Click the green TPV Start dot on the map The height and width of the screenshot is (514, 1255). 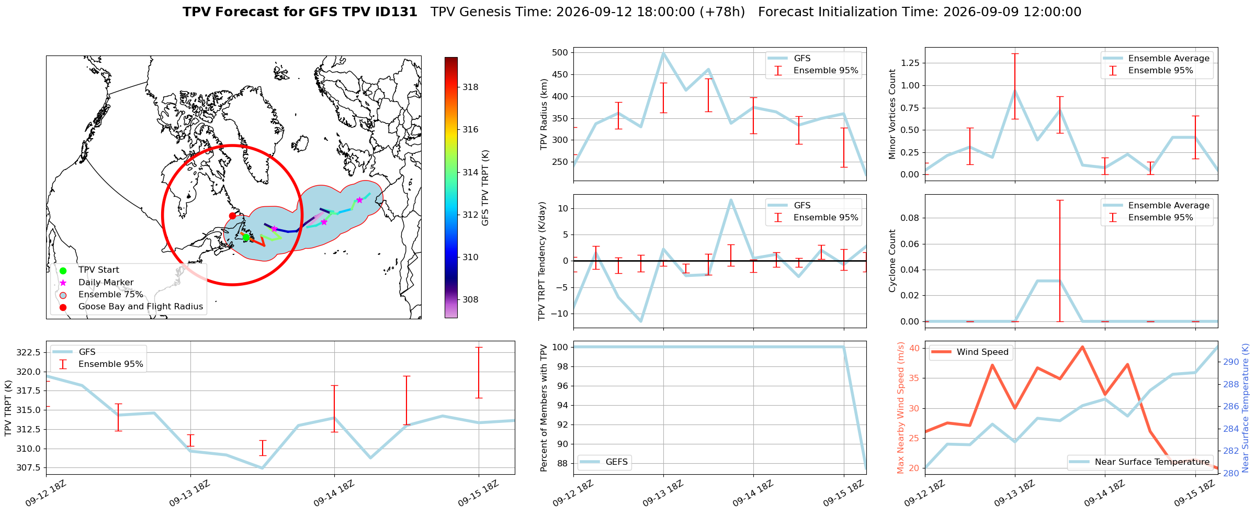[x=246, y=237]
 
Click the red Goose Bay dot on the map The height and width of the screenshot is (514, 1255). [x=232, y=216]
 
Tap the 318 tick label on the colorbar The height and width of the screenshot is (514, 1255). [x=470, y=87]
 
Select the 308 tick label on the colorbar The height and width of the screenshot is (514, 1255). [x=470, y=299]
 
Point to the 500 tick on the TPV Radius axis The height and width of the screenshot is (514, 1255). [x=560, y=52]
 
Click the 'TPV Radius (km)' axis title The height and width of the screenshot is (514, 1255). [x=544, y=114]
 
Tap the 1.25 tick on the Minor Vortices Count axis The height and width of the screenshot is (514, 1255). [x=909, y=63]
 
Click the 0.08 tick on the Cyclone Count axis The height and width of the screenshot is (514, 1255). [x=909, y=218]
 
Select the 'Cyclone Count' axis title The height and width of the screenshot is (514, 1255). [x=892, y=261]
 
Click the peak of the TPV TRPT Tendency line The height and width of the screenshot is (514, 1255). [x=731, y=200]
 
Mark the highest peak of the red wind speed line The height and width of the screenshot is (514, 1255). [x=1082, y=347]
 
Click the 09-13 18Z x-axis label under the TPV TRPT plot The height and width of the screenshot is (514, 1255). [x=189, y=493]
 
